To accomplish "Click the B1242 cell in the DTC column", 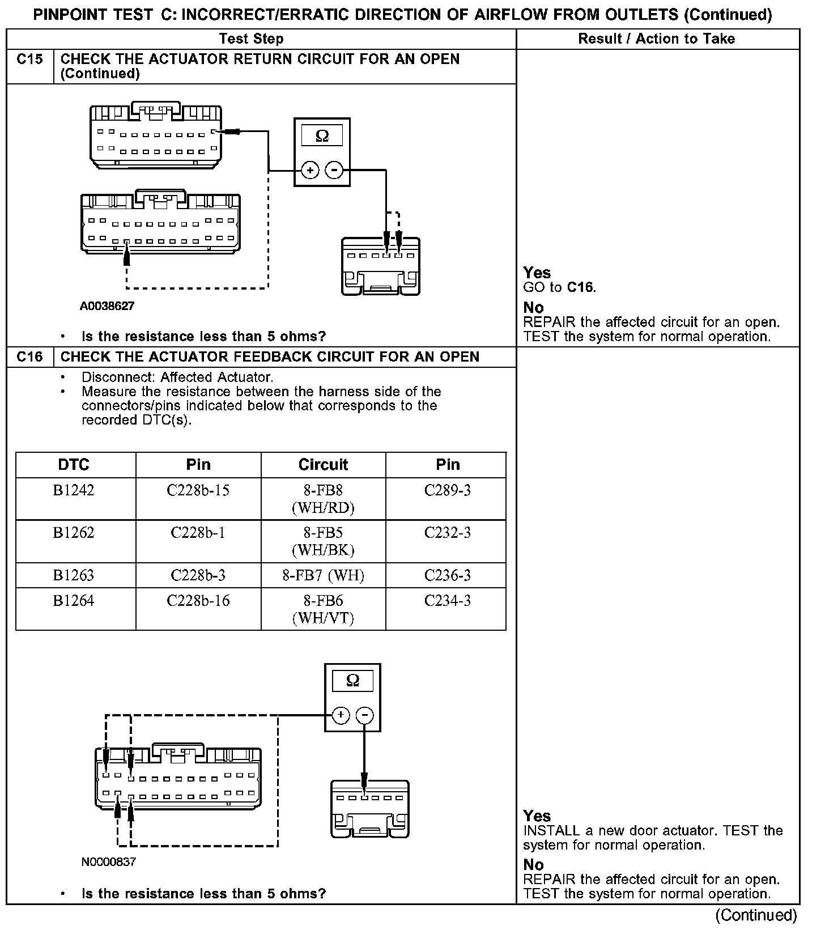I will (x=74, y=491).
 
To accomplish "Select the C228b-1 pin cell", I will (x=198, y=533).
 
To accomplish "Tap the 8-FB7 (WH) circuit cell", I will (x=323, y=576).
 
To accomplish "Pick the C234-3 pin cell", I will (x=447, y=601).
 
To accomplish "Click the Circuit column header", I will (x=323, y=465).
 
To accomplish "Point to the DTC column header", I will (x=74, y=465).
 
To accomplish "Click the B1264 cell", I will (x=74, y=601).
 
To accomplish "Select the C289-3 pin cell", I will (x=447, y=491).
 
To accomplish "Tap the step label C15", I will (x=30, y=60).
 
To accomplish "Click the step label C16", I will (x=30, y=357).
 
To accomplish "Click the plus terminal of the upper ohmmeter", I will (x=310, y=170).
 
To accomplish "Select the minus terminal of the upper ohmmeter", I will (x=334, y=170).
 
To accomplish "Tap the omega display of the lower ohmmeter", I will (x=352, y=681).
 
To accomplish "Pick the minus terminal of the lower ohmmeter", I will (x=364, y=716).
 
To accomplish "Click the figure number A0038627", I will (x=107, y=307).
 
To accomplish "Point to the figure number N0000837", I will (x=109, y=862).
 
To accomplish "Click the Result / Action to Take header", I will (x=656, y=39).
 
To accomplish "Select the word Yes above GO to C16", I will (x=537, y=273).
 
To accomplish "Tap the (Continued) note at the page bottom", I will (x=756, y=915).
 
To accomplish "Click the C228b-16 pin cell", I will (x=198, y=601).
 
